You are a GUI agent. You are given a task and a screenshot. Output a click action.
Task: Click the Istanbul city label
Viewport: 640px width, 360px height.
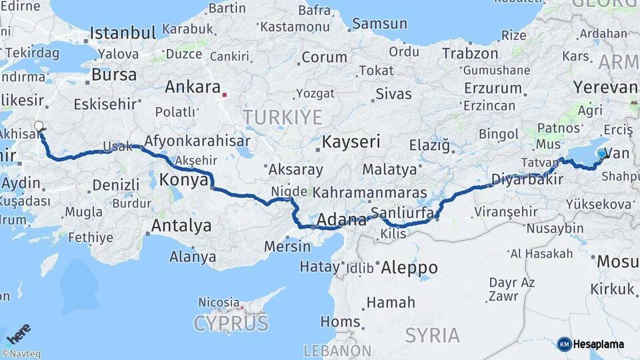point(123,33)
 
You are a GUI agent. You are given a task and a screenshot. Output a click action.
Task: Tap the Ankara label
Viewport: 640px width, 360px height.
point(193,87)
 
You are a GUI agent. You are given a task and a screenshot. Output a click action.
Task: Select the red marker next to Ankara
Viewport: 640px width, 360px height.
point(225,93)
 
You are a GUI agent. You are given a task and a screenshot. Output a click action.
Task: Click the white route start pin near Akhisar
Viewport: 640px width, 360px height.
point(39,126)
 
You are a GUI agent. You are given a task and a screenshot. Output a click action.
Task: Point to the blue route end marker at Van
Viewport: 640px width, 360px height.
point(602,153)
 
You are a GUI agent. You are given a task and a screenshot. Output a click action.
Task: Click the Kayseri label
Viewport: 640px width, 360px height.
point(351,141)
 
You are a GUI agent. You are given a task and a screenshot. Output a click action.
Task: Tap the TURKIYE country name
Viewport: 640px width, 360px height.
point(282,118)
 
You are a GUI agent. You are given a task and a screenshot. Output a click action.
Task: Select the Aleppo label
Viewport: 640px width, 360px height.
point(409,268)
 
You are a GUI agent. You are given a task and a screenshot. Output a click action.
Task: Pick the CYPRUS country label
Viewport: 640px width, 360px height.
point(231,324)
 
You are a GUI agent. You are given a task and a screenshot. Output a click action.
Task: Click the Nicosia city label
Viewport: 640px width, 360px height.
point(219,302)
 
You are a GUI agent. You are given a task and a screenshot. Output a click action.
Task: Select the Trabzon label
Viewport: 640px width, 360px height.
point(470,53)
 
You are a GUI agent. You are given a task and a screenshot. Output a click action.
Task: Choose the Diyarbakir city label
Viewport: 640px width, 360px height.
point(523,179)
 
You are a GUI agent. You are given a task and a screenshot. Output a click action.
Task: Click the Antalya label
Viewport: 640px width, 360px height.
point(181,226)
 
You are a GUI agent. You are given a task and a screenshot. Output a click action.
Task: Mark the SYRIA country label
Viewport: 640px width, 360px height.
point(432,335)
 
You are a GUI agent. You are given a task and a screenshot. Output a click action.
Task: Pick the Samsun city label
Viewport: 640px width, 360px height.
point(379,24)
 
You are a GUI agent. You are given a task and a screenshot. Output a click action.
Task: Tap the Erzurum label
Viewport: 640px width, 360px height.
point(493,88)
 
